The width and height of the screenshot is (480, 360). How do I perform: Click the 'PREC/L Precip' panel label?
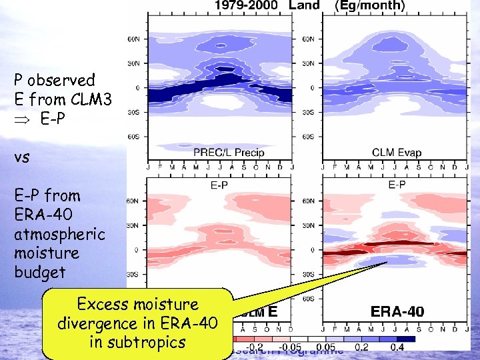(229, 153)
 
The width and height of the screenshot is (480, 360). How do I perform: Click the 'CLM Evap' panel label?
(397, 153)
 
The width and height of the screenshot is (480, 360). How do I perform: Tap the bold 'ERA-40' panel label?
(397, 311)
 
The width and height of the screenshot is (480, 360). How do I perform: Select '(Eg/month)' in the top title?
(369, 6)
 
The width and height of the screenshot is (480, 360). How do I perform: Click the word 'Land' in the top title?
(304, 6)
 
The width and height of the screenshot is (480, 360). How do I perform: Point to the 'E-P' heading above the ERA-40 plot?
(397, 184)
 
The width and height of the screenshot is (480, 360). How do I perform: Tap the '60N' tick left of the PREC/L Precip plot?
(133, 39)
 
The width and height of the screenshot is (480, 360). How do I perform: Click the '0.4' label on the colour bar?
(397, 347)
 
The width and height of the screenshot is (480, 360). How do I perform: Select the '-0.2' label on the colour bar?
(255, 347)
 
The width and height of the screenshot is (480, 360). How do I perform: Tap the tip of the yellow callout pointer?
(387, 262)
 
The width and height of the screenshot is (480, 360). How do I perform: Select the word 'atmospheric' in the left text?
(60, 234)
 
